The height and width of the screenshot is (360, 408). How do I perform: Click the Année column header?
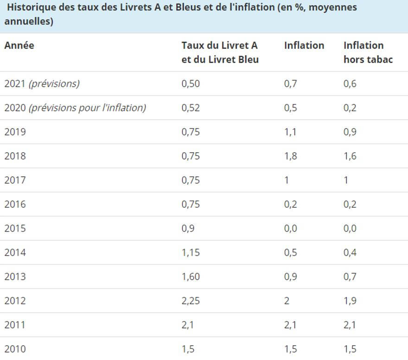[x=19, y=45]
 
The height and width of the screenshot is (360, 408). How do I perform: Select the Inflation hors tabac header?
[x=368, y=52]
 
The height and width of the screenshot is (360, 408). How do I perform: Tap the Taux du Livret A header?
[x=220, y=52]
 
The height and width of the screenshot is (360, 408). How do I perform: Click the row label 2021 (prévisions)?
[x=42, y=84]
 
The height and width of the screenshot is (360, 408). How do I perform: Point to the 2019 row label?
[x=15, y=132]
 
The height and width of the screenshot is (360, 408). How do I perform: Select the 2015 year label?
[x=15, y=229]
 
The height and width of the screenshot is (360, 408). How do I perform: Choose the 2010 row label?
[x=15, y=349]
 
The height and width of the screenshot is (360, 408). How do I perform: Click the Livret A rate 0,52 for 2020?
[x=191, y=108]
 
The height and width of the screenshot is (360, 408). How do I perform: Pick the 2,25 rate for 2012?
[x=191, y=301]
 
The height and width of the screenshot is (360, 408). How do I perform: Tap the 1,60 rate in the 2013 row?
[x=191, y=277]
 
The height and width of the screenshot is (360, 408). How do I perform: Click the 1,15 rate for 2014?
[x=191, y=253]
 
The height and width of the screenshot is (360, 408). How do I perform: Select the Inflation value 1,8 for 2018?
[x=291, y=156]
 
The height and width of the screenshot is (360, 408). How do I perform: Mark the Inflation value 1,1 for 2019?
[x=291, y=132]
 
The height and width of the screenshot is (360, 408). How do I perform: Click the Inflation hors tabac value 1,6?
[x=350, y=156]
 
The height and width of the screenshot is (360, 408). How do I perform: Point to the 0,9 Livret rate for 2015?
[x=188, y=229]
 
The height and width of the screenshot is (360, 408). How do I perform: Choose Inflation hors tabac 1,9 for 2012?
[x=350, y=301]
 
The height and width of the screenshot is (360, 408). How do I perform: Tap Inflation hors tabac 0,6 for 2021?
[x=350, y=84]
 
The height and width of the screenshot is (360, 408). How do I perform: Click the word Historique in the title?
[x=32, y=8]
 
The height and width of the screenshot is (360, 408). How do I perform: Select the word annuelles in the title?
[x=27, y=22]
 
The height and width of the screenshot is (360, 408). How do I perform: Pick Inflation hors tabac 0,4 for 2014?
[x=350, y=253]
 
